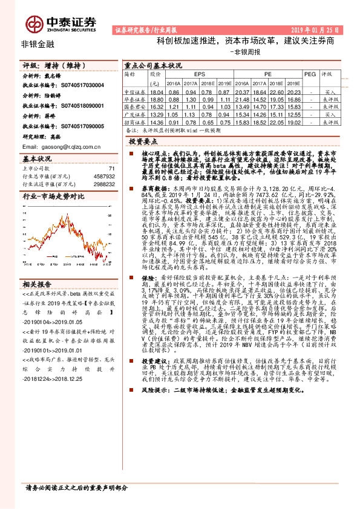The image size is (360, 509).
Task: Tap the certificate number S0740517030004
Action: [x=80, y=86]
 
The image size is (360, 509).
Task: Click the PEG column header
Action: [x=310, y=74]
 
